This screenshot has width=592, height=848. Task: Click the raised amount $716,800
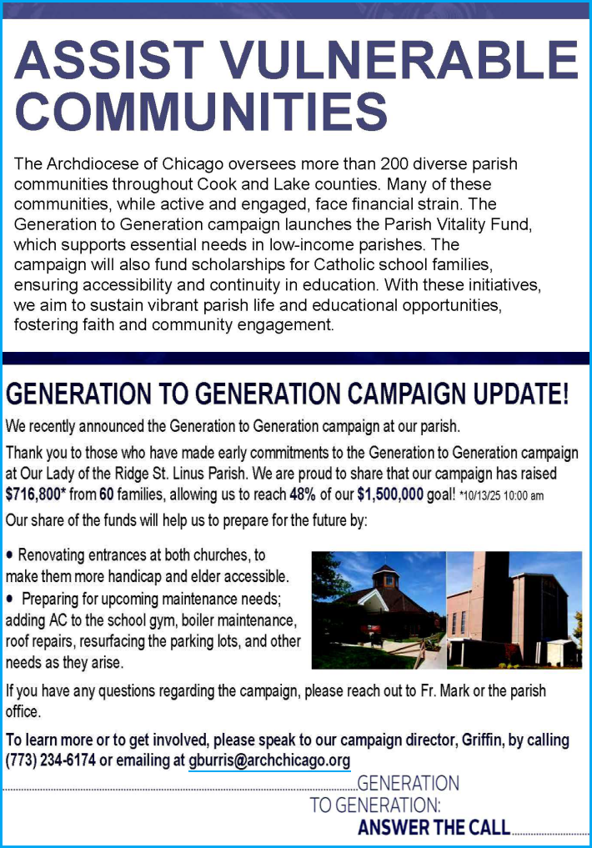(35, 494)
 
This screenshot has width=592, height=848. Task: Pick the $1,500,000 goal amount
(392, 494)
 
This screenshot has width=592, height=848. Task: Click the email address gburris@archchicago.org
(268, 760)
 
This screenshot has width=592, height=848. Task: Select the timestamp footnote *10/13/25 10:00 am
(502, 496)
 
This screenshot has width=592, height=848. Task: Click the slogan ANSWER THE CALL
(434, 828)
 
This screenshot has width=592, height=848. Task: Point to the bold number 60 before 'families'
(107, 494)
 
